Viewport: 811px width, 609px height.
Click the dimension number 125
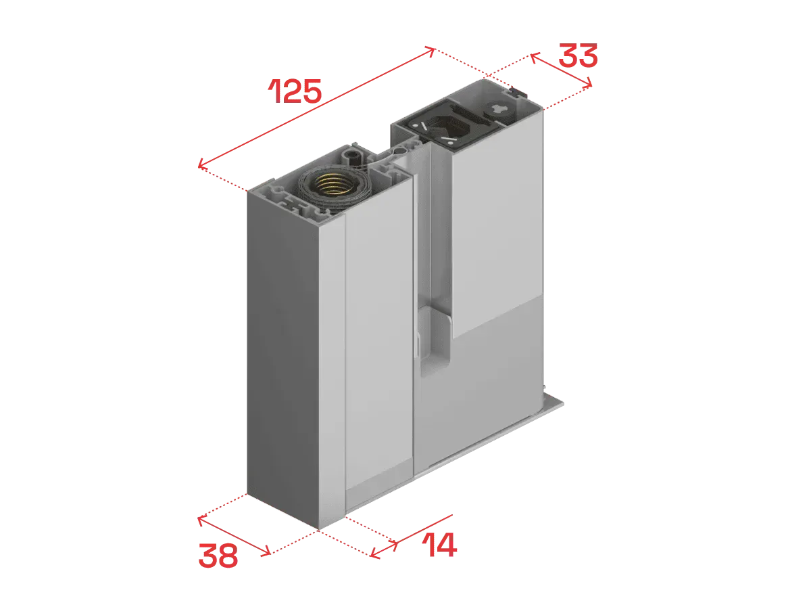[295, 91]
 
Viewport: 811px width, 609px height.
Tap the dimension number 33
[578, 55]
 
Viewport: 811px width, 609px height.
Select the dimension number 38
[218, 556]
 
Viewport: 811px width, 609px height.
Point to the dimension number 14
[440, 545]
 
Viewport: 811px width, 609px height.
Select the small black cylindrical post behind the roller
[353, 156]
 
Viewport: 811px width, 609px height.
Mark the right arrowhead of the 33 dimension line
[588, 83]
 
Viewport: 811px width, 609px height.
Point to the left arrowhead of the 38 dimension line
[201, 520]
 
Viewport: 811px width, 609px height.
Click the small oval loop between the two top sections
[400, 150]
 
